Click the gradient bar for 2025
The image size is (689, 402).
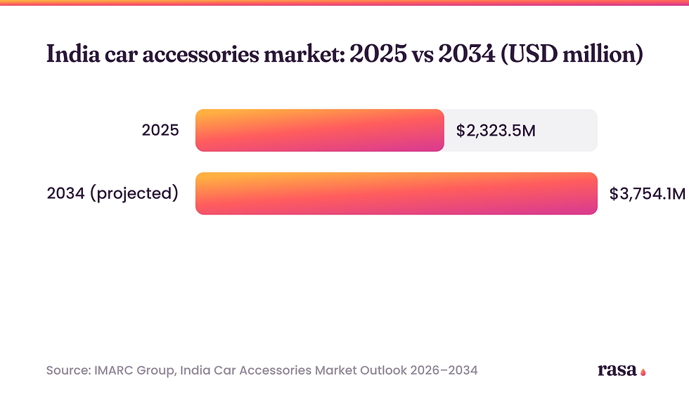point(319,131)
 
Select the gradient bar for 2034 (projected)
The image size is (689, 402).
point(397,193)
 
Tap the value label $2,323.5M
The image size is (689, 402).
point(496,131)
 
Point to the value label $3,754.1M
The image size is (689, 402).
point(648,194)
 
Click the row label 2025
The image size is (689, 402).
point(160,131)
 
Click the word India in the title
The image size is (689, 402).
point(73,54)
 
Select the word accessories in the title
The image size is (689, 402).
point(200,55)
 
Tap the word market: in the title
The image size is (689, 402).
point(304,55)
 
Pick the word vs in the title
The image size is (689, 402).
point(423,56)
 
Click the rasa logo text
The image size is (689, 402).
point(617,370)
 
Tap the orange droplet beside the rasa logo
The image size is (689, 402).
point(643,372)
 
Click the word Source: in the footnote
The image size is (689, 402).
point(69,370)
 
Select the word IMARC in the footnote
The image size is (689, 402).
point(114,370)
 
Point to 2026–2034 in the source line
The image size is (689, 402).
point(444,370)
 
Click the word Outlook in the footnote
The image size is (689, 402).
point(383,370)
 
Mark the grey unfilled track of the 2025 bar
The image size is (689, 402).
point(521,131)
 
